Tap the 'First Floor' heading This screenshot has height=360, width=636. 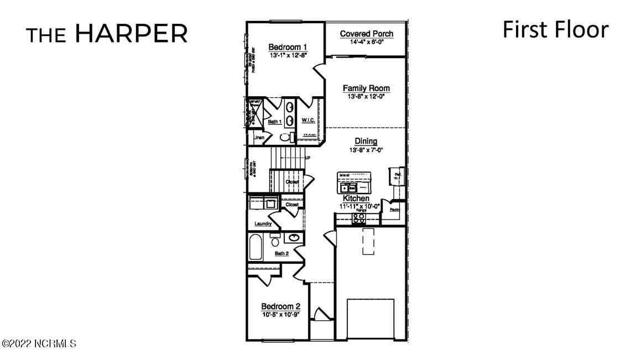coord(555,29)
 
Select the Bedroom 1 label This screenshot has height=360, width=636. coord(288,47)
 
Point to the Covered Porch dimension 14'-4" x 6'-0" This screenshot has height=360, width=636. coord(367,41)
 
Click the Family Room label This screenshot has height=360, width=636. coord(366,88)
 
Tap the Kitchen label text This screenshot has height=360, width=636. coord(356,199)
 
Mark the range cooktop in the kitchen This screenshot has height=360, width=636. coord(359,217)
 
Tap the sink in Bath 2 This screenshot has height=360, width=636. coord(294,238)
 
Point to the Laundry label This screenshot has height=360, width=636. coord(263,224)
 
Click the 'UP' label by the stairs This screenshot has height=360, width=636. coord(307,158)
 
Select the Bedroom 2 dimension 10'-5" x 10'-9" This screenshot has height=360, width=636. coord(280,315)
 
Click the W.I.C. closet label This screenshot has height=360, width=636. coord(308,120)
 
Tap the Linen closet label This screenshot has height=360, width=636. coord(258,137)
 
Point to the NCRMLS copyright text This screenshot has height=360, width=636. coord(40,344)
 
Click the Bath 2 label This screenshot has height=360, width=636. coord(282,253)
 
